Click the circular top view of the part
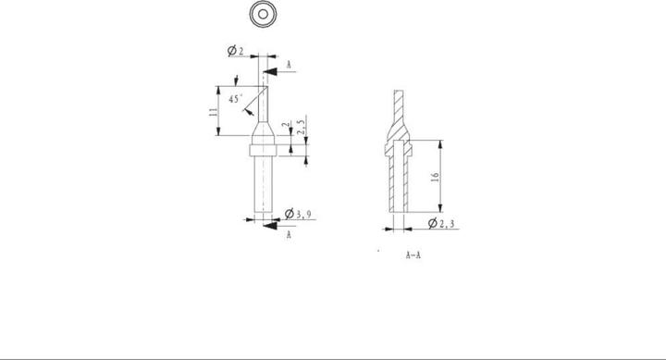point(265,15)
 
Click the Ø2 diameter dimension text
point(236,53)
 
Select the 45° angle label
point(235,98)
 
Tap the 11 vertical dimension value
point(213,111)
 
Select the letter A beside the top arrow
point(290,66)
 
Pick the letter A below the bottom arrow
point(289,236)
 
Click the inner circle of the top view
point(265,15)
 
